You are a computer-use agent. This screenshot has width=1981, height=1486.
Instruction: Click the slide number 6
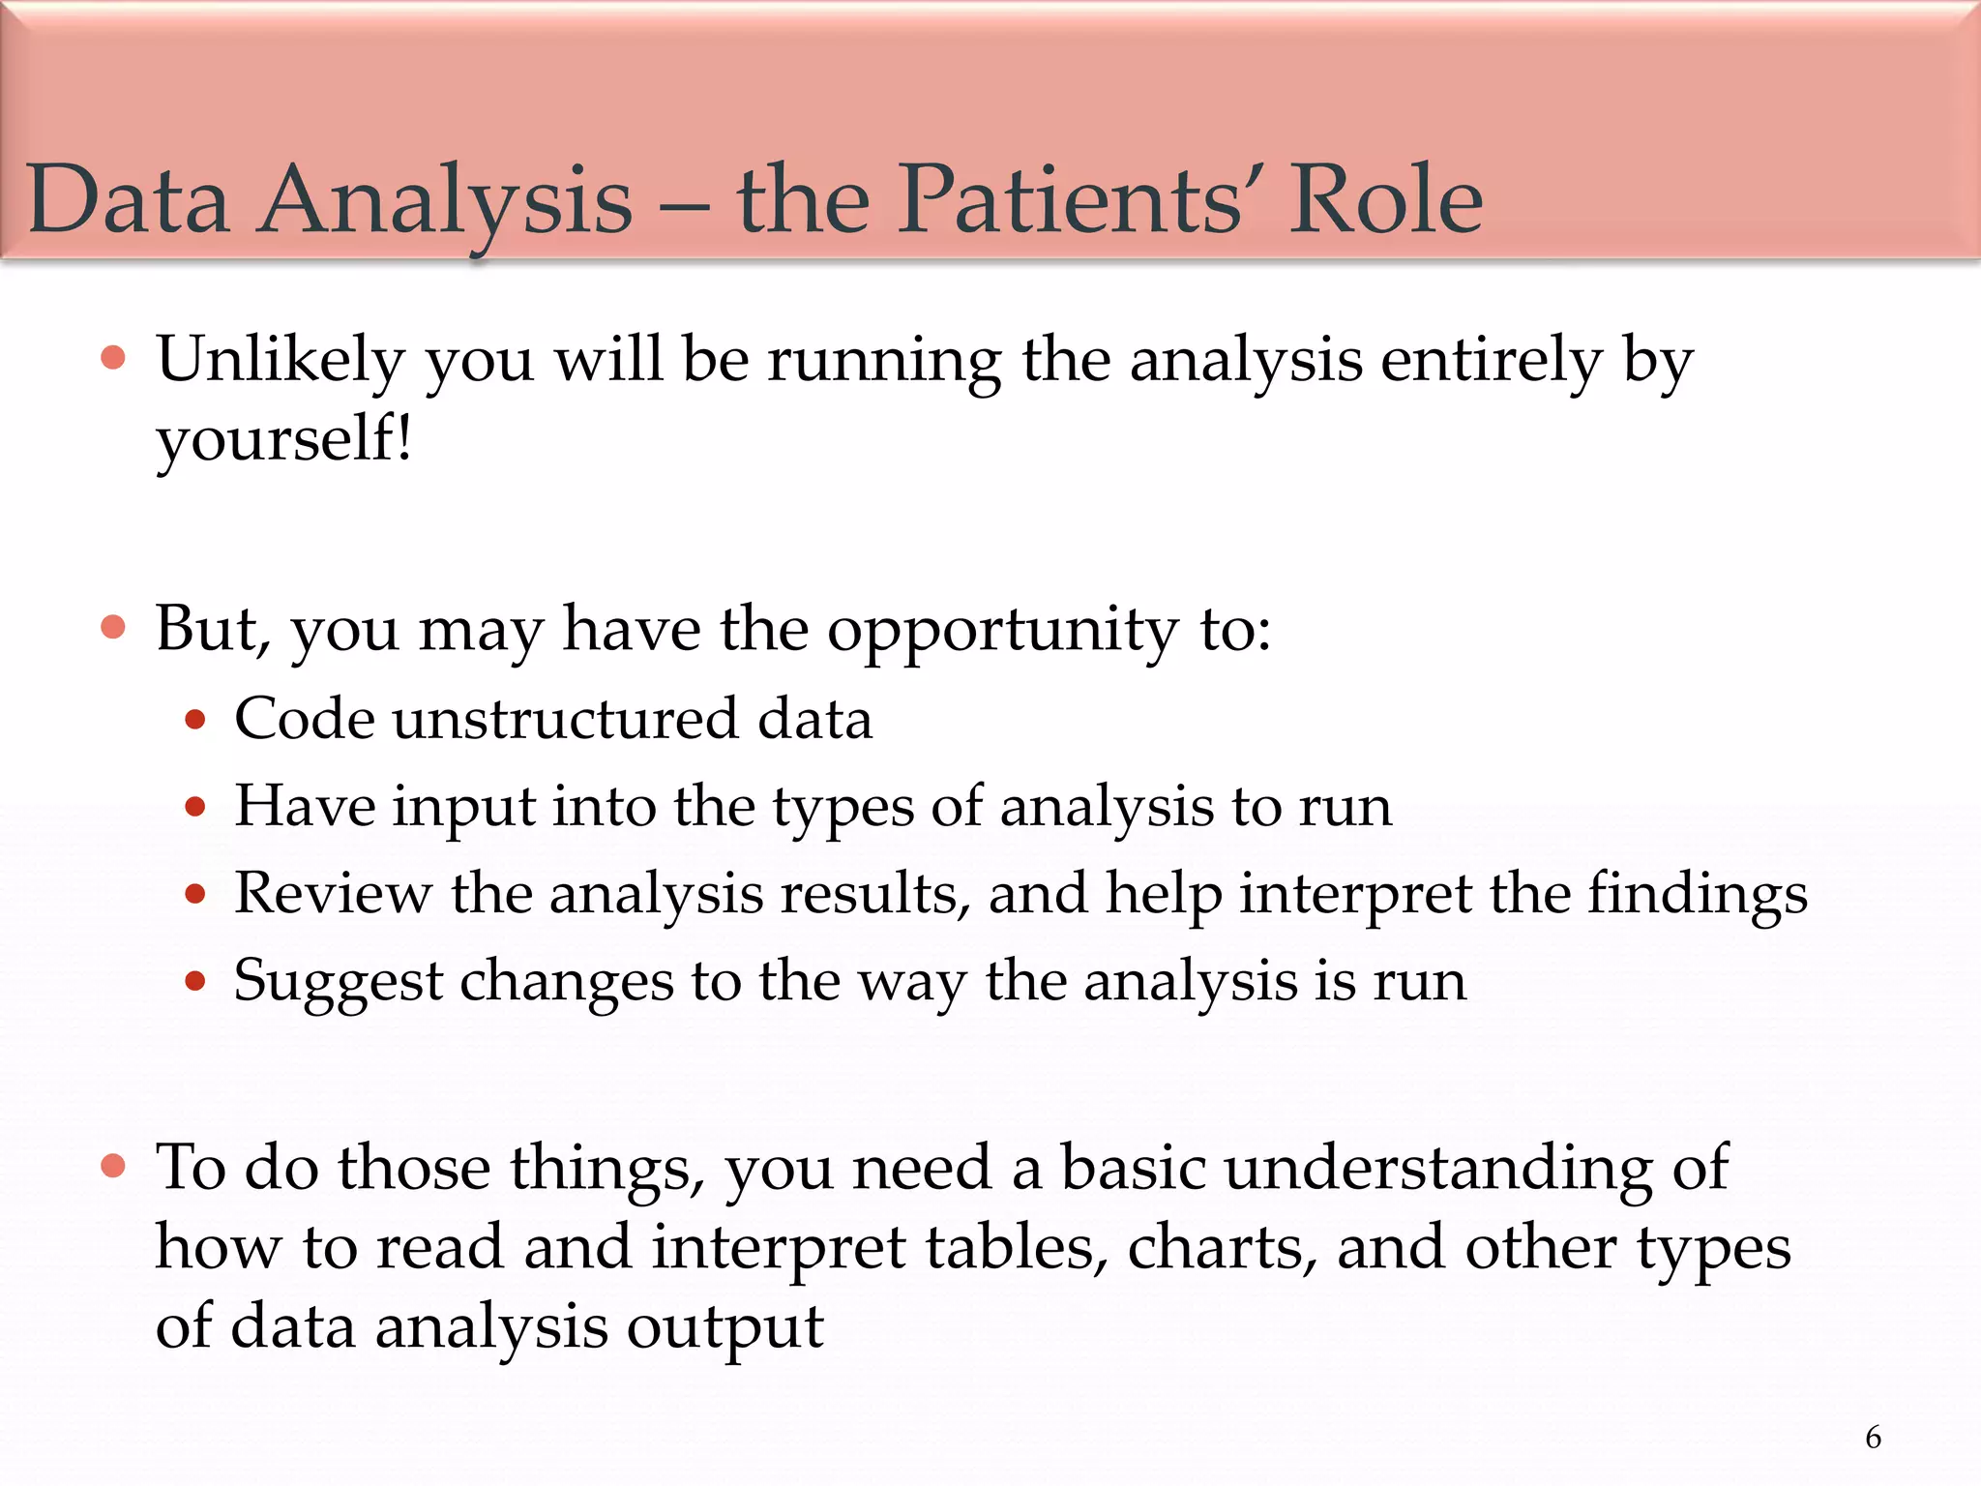tap(1873, 1438)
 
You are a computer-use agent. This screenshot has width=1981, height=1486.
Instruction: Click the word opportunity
tap(1002, 632)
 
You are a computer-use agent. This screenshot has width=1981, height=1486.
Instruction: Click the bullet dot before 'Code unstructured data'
tap(195, 720)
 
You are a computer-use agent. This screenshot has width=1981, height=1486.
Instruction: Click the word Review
tap(333, 893)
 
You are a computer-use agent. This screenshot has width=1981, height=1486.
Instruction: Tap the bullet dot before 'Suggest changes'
tap(195, 982)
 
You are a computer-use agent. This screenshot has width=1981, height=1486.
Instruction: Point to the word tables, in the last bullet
tap(1016, 1248)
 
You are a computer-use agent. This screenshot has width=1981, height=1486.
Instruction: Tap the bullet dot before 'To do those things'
tap(113, 1166)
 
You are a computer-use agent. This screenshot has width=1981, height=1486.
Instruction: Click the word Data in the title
tap(129, 200)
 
